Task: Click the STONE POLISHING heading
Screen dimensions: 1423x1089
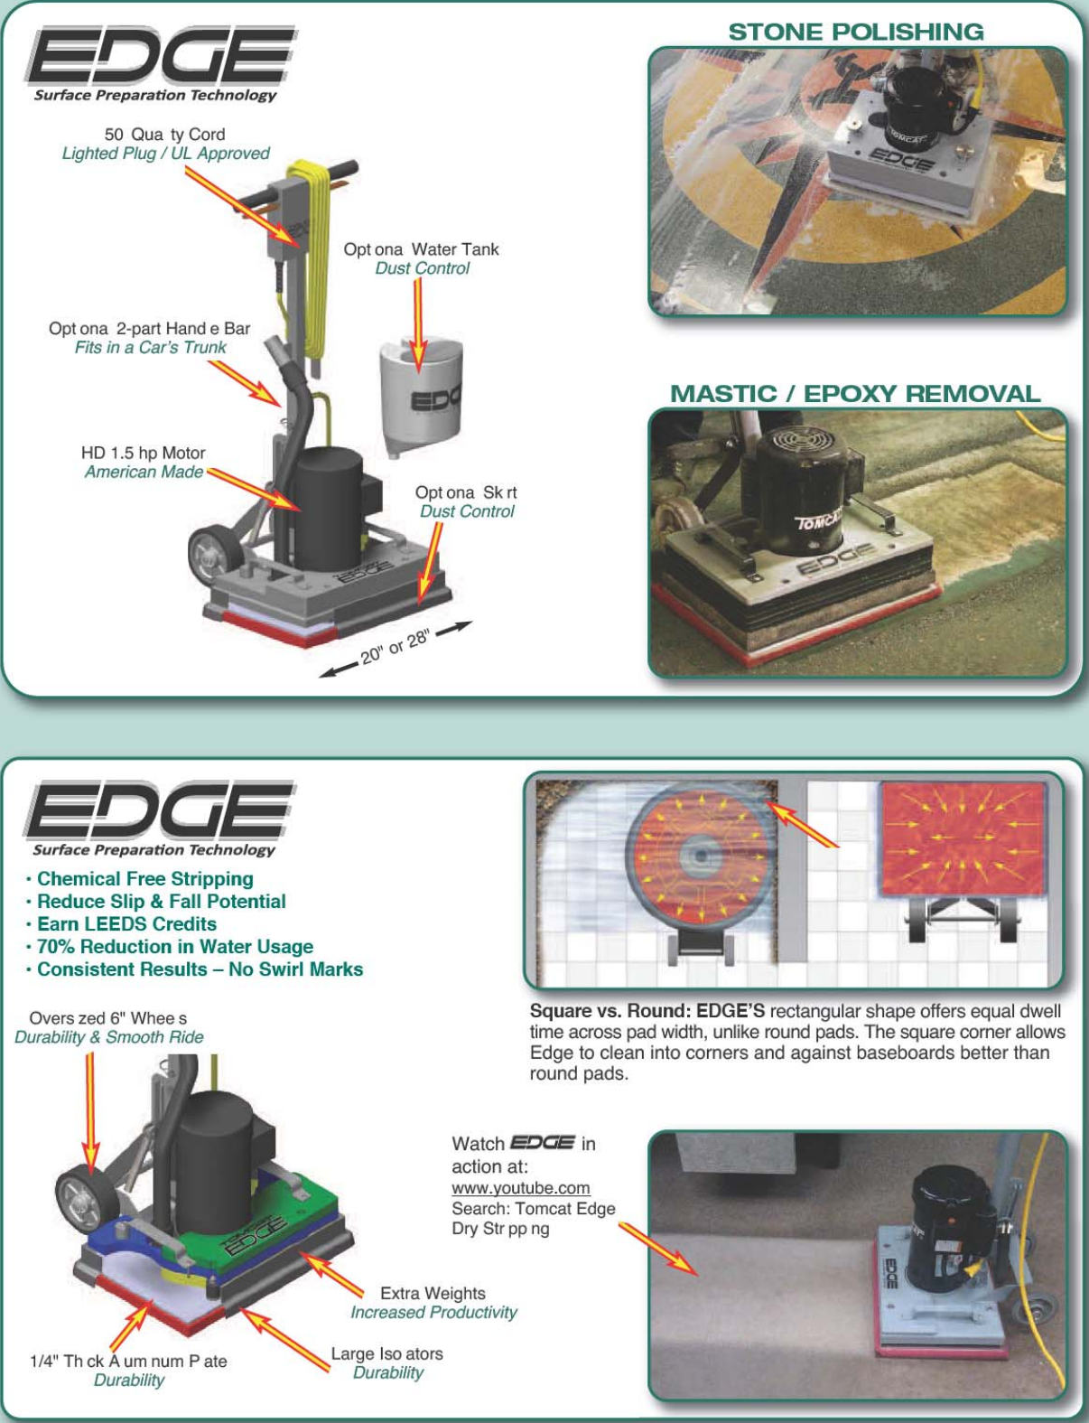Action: click(855, 32)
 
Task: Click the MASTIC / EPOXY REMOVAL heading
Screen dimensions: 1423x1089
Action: click(854, 394)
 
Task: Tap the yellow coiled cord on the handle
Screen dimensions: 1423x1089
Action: click(318, 262)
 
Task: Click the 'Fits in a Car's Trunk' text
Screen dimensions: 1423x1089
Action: click(150, 348)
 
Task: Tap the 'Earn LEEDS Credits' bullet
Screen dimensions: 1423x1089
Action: click(126, 924)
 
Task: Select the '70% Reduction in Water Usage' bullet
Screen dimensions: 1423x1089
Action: click(174, 947)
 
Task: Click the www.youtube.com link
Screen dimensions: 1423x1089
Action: click(520, 1188)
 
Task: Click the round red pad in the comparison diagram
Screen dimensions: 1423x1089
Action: click(698, 855)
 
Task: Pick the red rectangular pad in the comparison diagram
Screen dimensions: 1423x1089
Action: click(963, 839)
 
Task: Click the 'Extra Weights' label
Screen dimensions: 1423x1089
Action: click(433, 1294)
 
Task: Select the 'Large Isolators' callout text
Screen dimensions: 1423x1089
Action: click(386, 1353)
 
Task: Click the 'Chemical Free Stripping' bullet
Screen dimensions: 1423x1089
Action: click(144, 879)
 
